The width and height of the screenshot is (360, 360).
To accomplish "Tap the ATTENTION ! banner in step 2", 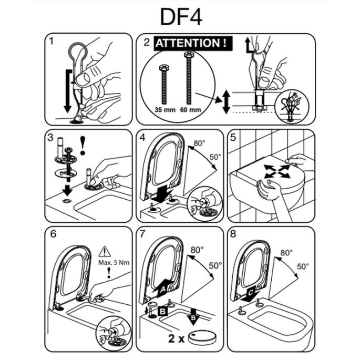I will [192, 43].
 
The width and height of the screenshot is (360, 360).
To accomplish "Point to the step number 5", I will [232, 137].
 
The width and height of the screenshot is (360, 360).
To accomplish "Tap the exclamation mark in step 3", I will [83, 144].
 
